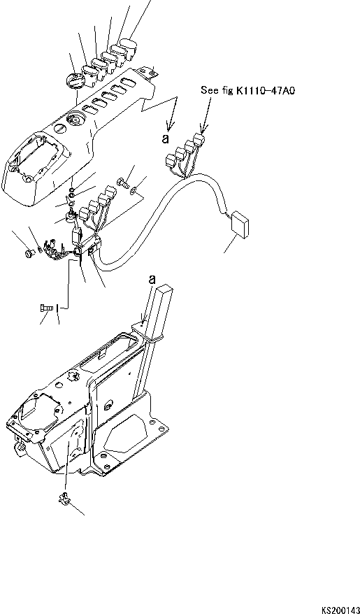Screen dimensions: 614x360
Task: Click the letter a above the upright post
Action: tap(152, 279)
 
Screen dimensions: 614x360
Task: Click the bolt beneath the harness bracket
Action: tap(46, 307)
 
